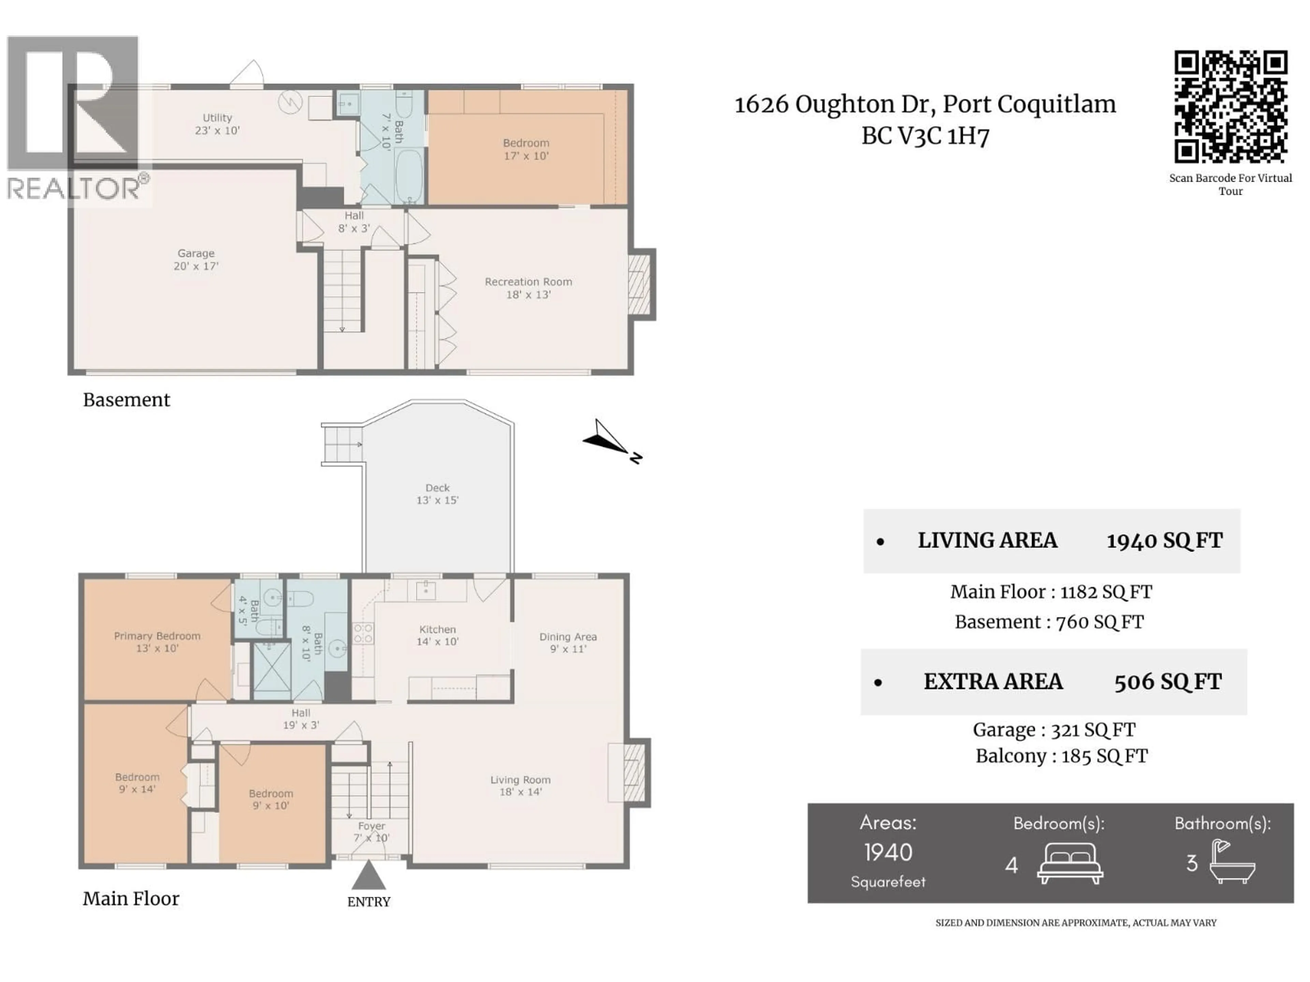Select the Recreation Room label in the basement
528,288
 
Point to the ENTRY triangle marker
368,876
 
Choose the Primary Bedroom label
157,642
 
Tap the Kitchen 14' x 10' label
437,635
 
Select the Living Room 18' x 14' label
520,786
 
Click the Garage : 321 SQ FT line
1053,730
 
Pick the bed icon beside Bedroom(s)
1069,864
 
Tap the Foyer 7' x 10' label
371,832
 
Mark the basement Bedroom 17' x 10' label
526,149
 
